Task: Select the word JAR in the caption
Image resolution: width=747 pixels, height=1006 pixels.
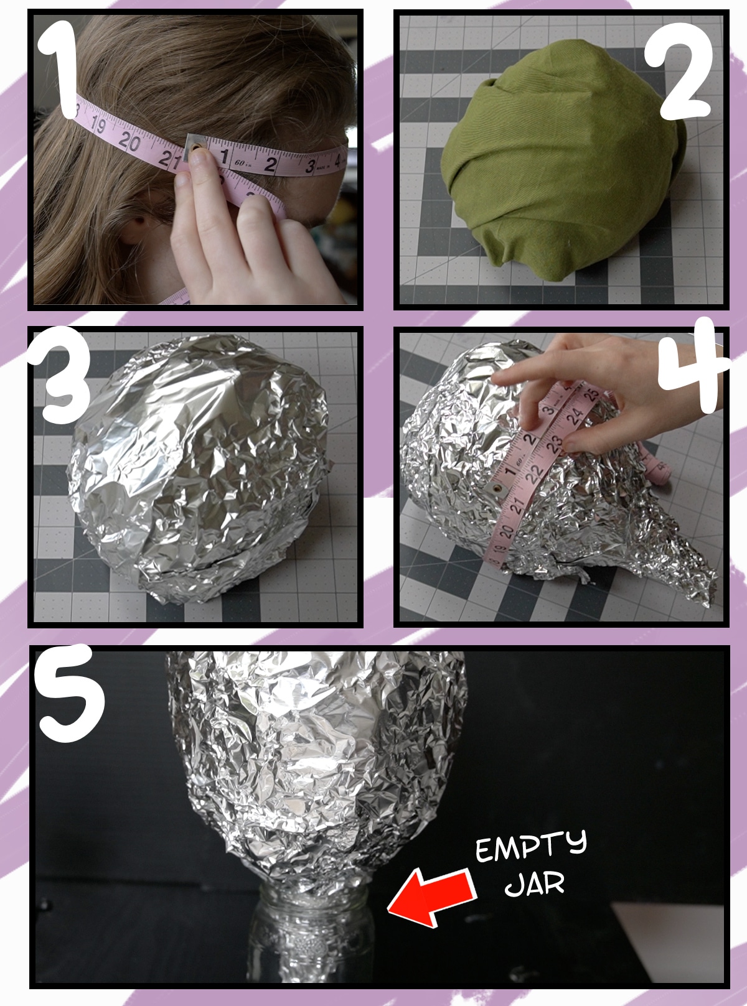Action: pos(534,883)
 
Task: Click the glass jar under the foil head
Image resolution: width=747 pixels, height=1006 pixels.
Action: pos(311,939)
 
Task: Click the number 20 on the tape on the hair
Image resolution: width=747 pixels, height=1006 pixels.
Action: pos(129,141)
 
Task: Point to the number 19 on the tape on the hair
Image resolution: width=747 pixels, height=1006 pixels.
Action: pos(98,125)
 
